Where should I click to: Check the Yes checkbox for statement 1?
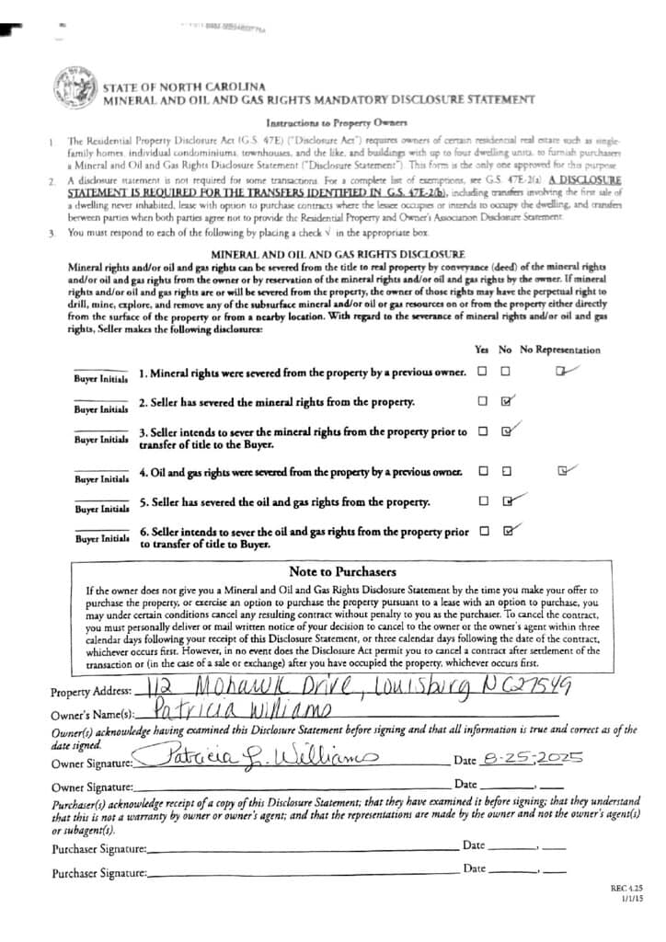[x=483, y=373]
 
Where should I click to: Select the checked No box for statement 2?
[x=507, y=402]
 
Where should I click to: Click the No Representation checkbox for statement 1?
[x=560, y=372]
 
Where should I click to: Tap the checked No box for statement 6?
[x=507, y=531]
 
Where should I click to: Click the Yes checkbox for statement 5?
[x=483, y=501]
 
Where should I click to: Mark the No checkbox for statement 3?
[x=507, y=431]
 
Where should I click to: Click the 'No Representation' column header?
[x=560, y=350]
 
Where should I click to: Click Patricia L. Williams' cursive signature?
[x=260, y=758]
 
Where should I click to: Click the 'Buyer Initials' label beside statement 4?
[x=100, y=479]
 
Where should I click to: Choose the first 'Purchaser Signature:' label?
[x=98, y=847]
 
